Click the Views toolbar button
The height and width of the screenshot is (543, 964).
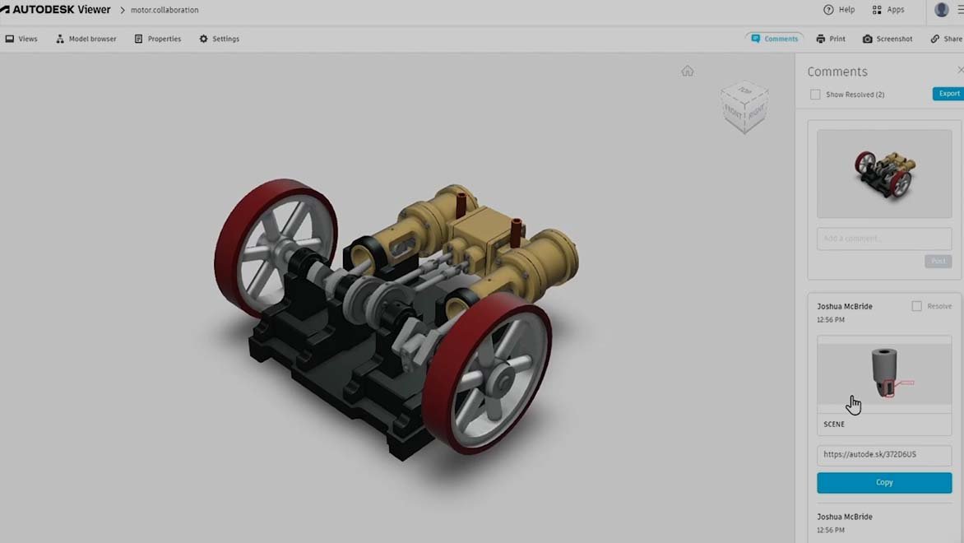(x=21, y=39)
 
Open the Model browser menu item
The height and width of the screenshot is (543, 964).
(x=86, y=39)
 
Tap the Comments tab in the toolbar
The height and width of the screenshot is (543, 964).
(x=774, y=39)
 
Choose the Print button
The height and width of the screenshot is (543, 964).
(x=831, y=39)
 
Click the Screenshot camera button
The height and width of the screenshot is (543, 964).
(x=888, y=39)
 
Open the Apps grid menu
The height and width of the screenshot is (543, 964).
(x=888, y=10)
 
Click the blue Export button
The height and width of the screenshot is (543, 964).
(x=948, y=94)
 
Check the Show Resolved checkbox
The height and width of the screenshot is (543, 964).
(x=815, y=95)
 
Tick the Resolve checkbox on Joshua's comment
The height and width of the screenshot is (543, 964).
(x=916, y=306)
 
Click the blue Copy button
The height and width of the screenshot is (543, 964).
(x=884, y=482)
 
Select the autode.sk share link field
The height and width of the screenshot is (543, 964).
(x=884, y=454)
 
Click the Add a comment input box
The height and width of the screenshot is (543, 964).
(x=884, y=239)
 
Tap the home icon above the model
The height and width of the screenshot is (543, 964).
(x=688, y=72)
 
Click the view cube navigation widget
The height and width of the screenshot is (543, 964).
(x=745, y=105)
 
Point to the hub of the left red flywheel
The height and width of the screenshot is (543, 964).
(x=280, y=244)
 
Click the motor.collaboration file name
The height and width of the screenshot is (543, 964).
(x=165, y=10)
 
